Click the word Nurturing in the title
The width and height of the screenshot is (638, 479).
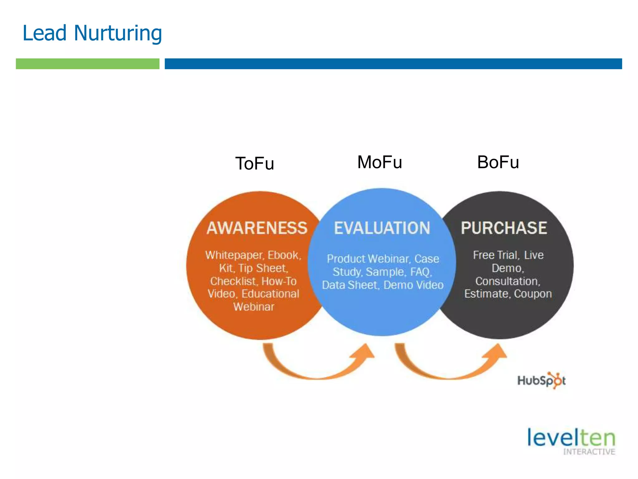[118, 33]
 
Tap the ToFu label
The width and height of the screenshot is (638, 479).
[255, 164]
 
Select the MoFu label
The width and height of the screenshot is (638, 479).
[379, 162]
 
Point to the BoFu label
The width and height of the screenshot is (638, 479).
[498, 162]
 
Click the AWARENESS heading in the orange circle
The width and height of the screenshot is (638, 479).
[257, 228]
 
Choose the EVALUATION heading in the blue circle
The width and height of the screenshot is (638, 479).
[382, 228]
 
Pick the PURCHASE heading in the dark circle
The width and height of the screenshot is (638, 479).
[504, 228]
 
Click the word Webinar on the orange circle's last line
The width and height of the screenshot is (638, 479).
[254, 307]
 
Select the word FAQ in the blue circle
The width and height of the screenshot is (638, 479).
[421, 272]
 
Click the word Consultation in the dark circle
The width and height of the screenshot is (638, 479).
[507, 281]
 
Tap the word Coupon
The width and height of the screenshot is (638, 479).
[533, 294]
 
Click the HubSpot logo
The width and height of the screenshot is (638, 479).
[541, 380]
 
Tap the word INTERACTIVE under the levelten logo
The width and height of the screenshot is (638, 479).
[589, 452]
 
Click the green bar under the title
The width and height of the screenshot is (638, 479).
[88, 64]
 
